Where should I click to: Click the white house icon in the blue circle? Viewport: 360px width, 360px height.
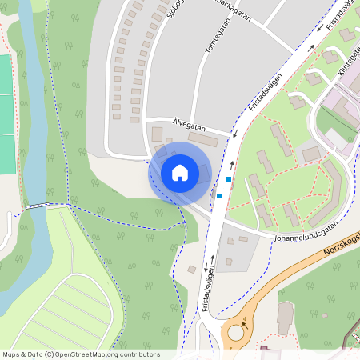click(x=180, y=172)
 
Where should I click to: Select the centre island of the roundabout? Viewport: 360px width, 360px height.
click(x=237, y=331)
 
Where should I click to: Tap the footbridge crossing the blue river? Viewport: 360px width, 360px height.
click(x=35, y=206)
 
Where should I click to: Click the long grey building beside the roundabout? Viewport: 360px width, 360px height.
click(x=285, y=318)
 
